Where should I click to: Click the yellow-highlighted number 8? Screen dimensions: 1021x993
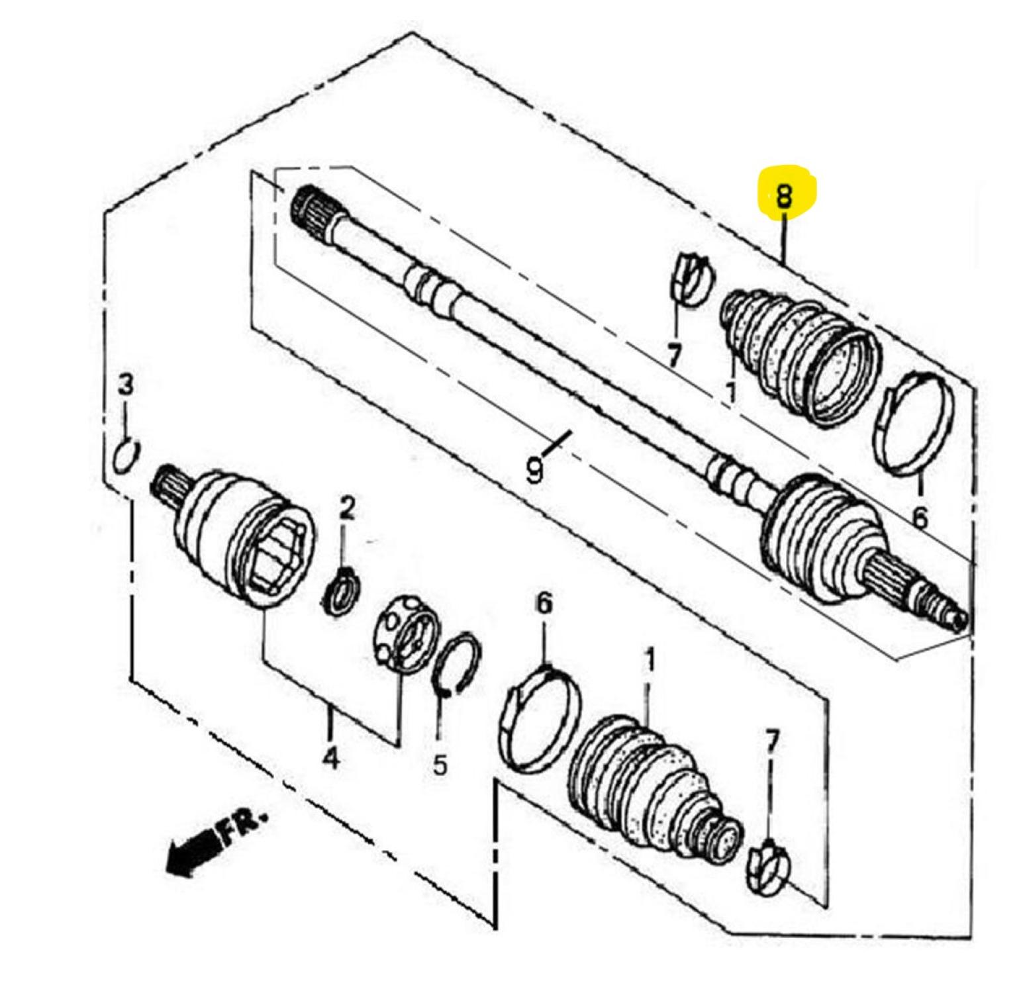(x=783, y=197)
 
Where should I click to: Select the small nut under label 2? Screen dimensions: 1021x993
(x=343, y=590)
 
